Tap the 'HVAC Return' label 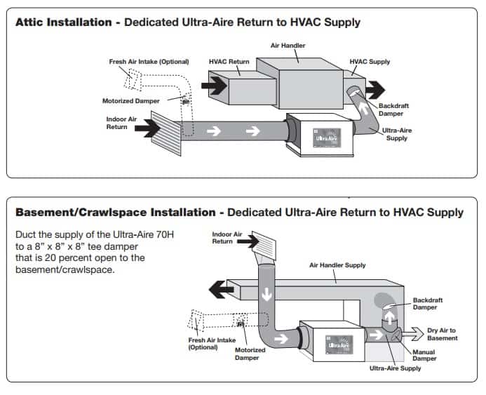(x=229, y=62)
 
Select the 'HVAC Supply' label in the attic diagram (x=369, y=62)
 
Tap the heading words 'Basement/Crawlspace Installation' (x=115, y=212)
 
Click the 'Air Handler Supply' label (x=337, y=265)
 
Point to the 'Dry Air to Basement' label (x=442, y=334)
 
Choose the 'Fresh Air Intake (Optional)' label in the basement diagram (x=212, y=343)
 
